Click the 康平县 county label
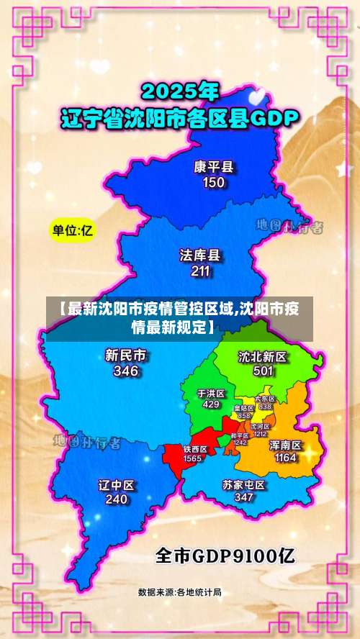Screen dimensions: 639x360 point(214,167)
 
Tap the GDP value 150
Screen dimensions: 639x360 point(214,183)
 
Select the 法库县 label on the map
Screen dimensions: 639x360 point(200,255)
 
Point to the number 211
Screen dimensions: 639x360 point(200,271)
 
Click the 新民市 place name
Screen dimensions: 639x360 point(126,355)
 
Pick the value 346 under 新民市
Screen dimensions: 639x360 point(126,371)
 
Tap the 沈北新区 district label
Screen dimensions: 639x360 point(263,356)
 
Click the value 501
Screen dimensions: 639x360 point(263,371)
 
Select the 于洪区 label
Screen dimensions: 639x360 point(211,394)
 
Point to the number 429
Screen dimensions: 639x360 point(211,404)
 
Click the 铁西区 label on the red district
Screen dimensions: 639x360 point(194,449)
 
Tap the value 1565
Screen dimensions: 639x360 point(192,458)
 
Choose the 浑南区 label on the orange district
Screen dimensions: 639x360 point(285,445)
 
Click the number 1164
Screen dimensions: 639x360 point(285,458)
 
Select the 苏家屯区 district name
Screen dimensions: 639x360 point(243,485)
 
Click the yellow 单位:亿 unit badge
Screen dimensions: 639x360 point(73,231)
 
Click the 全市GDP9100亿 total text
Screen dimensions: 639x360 point(225,556)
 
